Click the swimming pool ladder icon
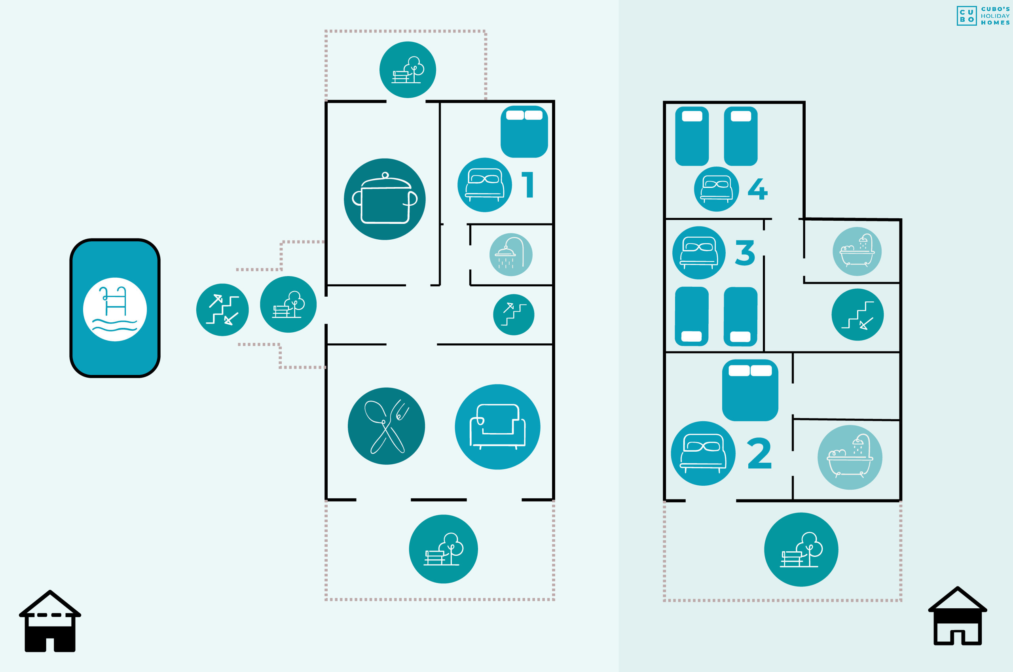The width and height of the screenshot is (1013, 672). (x=115, y=309)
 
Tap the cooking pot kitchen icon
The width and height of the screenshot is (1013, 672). (x=385, y=199)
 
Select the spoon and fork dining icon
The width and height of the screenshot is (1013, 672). (x=386, y=426)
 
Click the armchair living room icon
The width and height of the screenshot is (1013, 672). (x=497, y=427)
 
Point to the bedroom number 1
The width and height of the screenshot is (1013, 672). (x=528, y=185)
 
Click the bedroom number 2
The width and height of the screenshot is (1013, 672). (x=759, y=453)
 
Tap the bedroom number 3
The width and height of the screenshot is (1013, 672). (x=745, y=252)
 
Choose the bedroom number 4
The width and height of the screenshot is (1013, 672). (x=757, y=189)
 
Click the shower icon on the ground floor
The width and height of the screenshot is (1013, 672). (x=511, y=255)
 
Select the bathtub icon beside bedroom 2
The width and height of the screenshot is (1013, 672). (x=850, y=457)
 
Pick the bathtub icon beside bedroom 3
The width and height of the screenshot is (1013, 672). (x=857, y=251)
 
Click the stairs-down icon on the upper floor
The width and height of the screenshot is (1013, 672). (x=857, y=314)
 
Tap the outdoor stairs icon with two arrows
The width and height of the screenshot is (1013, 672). (x=222, y=310)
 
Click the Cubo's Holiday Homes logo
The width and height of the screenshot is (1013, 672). (x=983, y=16)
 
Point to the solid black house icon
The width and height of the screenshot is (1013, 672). (x=50, y=621)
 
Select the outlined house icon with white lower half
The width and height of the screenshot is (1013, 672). (x=958, y=616)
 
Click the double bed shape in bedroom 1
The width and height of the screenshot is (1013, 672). (x=524, y=132)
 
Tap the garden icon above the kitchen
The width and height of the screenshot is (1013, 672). (x=408, y=70)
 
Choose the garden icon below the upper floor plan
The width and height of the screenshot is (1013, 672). (x=801, y=549)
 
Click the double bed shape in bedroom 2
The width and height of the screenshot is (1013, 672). (x=750, y=390)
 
